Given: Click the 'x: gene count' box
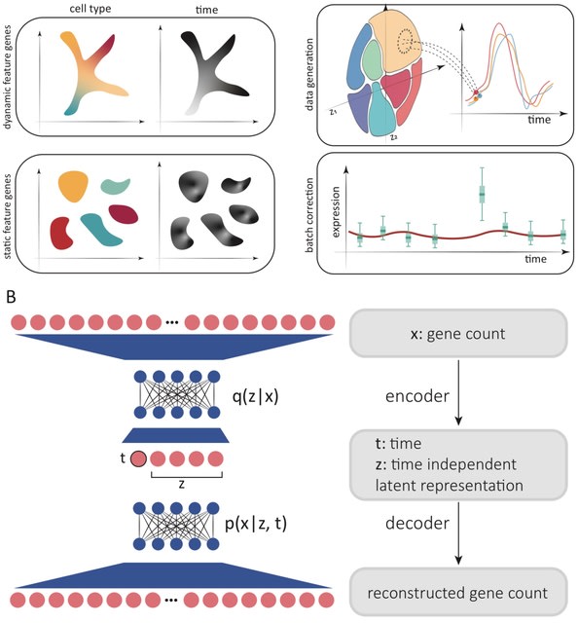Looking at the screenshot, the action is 458,333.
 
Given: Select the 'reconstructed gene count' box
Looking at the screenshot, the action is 458,593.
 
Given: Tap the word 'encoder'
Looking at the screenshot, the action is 417,396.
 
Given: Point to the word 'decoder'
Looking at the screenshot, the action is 417,523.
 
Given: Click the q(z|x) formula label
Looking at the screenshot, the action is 256,396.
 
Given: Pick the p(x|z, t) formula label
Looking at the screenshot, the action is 256,524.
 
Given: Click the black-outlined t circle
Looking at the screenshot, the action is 138,458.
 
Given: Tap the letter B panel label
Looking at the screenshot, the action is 11,297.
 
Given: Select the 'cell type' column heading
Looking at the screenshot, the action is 90,9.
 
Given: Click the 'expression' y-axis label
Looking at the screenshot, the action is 336,212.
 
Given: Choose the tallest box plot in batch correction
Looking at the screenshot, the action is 483,194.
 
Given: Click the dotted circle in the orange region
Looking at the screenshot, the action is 406,41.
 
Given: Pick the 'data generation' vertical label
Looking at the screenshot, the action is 309,74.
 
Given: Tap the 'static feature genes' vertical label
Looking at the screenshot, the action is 7,217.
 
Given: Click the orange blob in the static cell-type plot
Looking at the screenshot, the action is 73,186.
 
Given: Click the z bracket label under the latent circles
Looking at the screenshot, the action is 182,484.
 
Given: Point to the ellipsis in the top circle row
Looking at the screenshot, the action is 172,322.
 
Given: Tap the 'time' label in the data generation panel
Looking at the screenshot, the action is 539,119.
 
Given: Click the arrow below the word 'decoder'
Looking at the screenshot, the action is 458,533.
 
